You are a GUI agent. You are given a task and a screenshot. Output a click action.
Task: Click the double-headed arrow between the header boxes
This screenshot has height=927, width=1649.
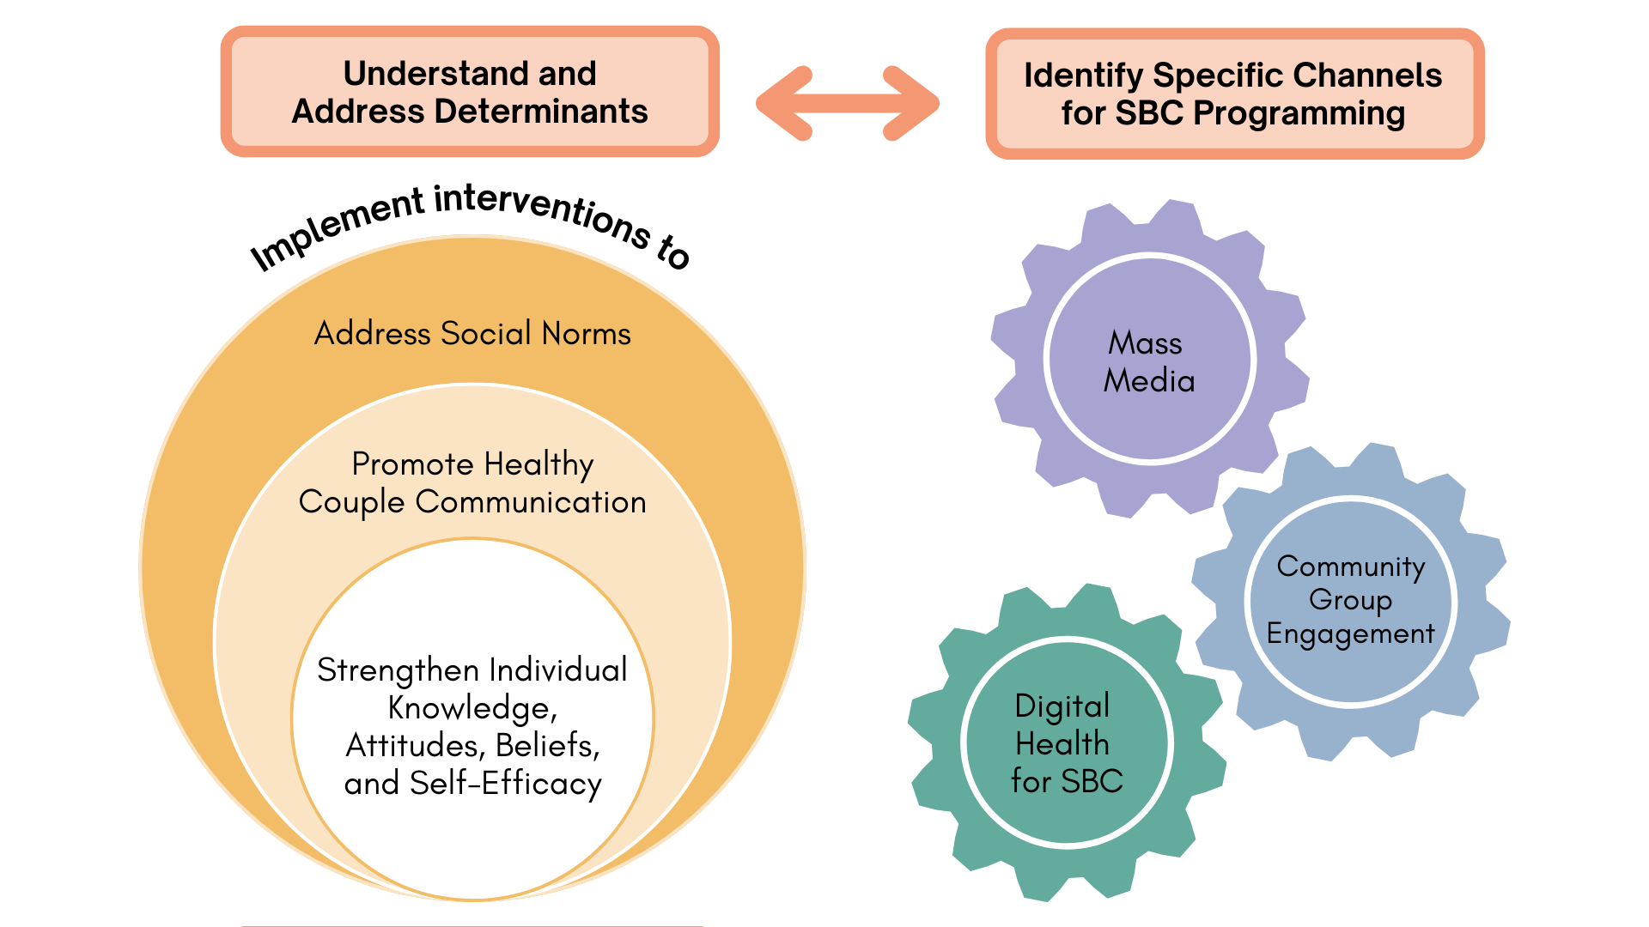tap(847, 103)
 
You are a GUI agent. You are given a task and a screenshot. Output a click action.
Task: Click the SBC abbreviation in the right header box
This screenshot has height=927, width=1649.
tap(1149, 113)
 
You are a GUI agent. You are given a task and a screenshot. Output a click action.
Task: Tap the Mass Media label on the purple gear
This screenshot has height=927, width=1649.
tap(1148, 361)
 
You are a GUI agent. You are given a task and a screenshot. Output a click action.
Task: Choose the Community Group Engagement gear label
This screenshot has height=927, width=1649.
tap(1350, 599)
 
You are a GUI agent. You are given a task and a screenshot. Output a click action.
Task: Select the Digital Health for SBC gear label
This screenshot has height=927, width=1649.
tap(1066, 743)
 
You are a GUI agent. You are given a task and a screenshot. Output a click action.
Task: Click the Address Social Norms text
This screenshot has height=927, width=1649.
tap(472, 333)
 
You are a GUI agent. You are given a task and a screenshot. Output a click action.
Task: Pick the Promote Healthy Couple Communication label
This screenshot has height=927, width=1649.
tap(472, 482)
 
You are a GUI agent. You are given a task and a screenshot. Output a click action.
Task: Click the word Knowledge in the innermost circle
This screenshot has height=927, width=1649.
tap(468, 708)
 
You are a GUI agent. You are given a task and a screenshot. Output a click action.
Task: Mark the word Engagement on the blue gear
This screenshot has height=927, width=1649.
tap(1350, 633)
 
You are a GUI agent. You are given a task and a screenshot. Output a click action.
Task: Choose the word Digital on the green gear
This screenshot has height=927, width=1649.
tap(1062, 706)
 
